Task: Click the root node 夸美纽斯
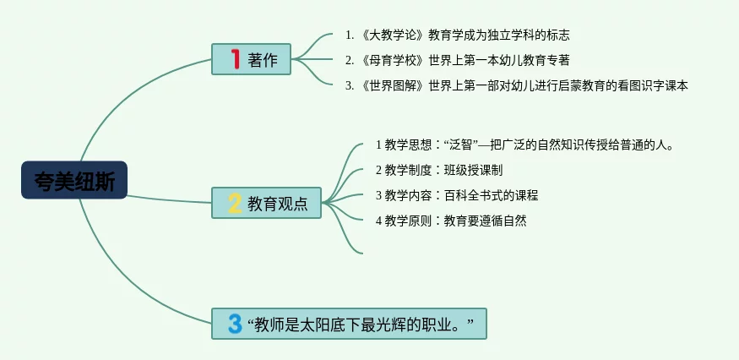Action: [74, 180]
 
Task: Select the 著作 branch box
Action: [251, 60]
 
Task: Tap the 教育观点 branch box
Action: [266, 203]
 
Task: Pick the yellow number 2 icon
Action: [235, 203]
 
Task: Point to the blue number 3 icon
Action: [235, 324]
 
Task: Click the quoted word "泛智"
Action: [461, 145]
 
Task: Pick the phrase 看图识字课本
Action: [656, 85]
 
